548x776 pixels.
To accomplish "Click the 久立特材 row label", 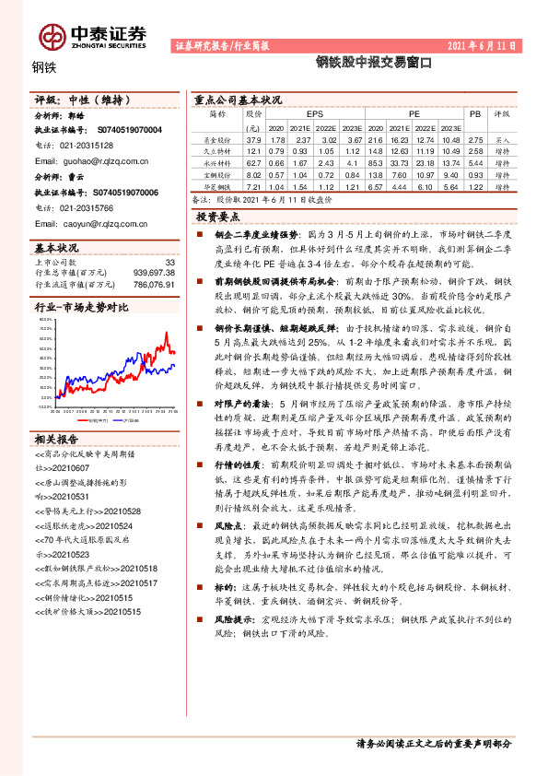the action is (217, 149).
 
